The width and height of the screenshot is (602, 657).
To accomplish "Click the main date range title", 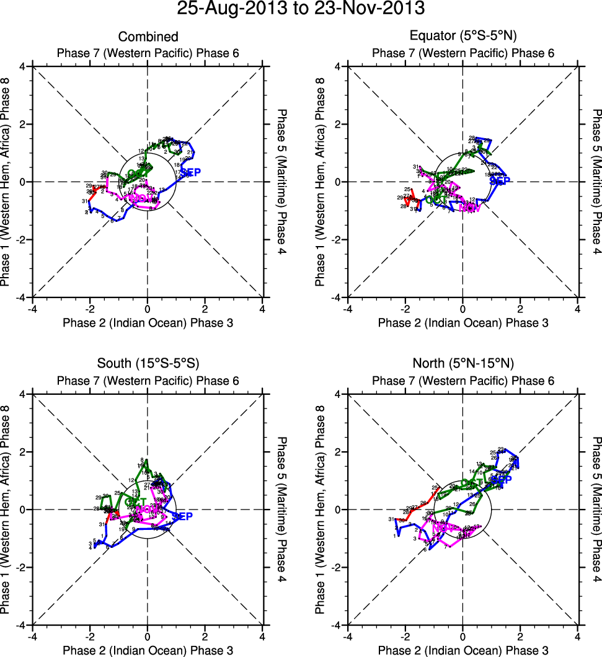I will click(301, 9).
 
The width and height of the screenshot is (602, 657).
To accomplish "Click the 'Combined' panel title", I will click(148, 37).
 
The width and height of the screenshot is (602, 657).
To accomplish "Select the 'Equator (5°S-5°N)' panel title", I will click(463, 37).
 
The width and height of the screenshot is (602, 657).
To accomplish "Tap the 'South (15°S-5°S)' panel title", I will click(148, 363).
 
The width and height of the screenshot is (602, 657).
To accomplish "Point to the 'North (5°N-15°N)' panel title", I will click(463, 363).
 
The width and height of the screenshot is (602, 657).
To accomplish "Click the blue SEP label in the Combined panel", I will click(190, 172).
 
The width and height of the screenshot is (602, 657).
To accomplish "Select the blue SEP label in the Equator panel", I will click(499, 181).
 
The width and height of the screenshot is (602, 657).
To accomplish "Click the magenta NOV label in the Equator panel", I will click(469, 208).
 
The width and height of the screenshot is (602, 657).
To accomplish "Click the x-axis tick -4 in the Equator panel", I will click(347, 309).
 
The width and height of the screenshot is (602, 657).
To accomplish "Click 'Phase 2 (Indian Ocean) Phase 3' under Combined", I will click(148, 323).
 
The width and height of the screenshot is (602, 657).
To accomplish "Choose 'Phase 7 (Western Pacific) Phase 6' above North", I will click(463, 381).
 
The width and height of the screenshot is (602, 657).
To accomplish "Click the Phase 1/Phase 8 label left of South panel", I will click(9, 509).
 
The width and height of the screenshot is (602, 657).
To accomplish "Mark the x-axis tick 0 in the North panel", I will click(463, 637).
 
